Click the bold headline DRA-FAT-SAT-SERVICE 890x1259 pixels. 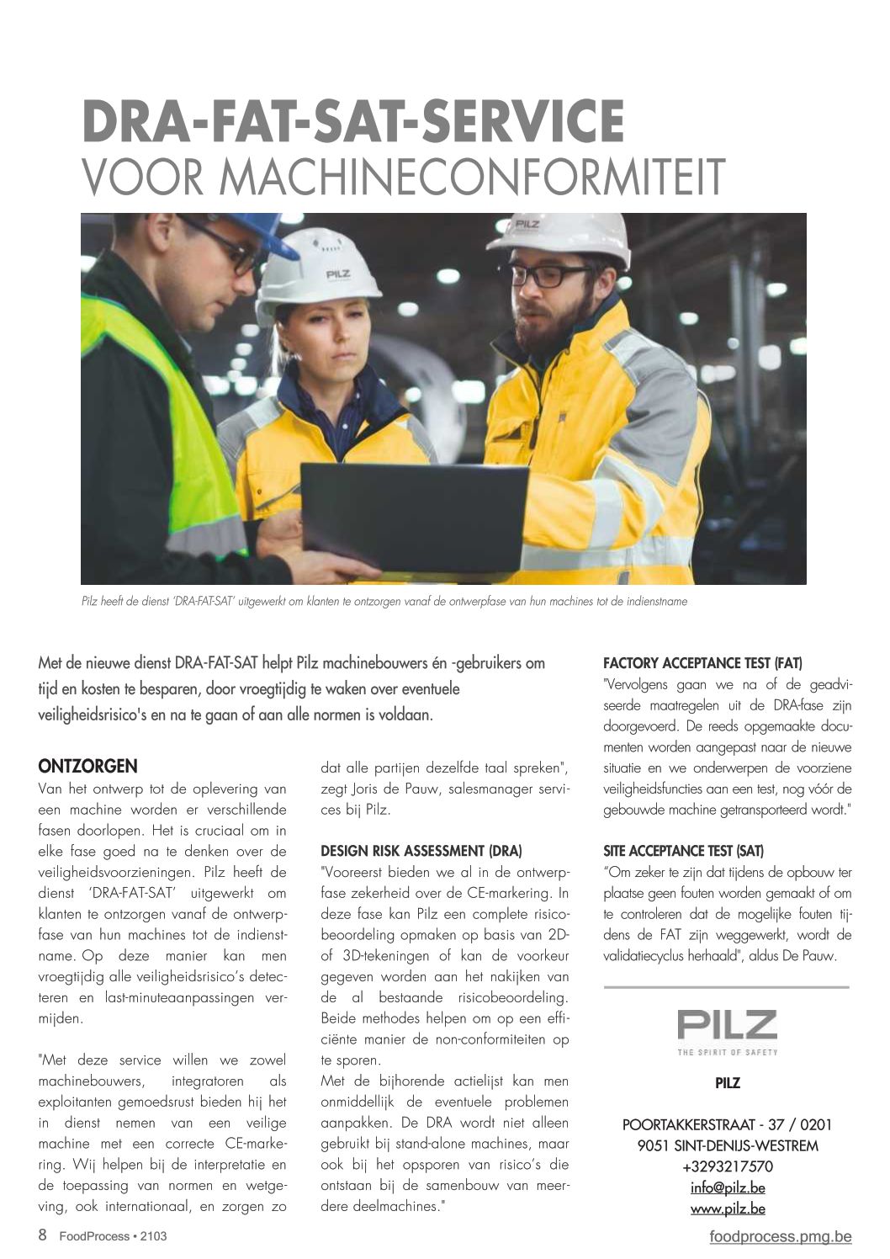(x=353, y=123)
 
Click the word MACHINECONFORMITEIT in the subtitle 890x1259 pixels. (x=471, y=177)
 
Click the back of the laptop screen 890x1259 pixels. (x=412, y=513)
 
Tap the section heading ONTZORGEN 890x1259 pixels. (x=87, y=766)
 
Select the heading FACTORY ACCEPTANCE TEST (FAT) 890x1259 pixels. (x=702, y=663)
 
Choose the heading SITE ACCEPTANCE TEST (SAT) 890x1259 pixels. (x=683, y=851)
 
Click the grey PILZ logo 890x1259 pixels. (x=727, y=1025)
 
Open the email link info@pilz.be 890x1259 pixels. (x=727, y=1188)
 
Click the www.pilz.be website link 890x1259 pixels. (x=727, y=1209)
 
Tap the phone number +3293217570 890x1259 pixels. (x=727, y=1167)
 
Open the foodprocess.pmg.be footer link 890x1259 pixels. (x=780, y=1236)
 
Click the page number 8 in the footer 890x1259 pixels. (x=42, y=1235)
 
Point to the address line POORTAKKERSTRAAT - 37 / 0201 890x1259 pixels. (x=727, y=1124)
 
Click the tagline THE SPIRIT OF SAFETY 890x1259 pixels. (x=727, y=1052)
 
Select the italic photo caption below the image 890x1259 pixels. (x=384, y=602)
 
